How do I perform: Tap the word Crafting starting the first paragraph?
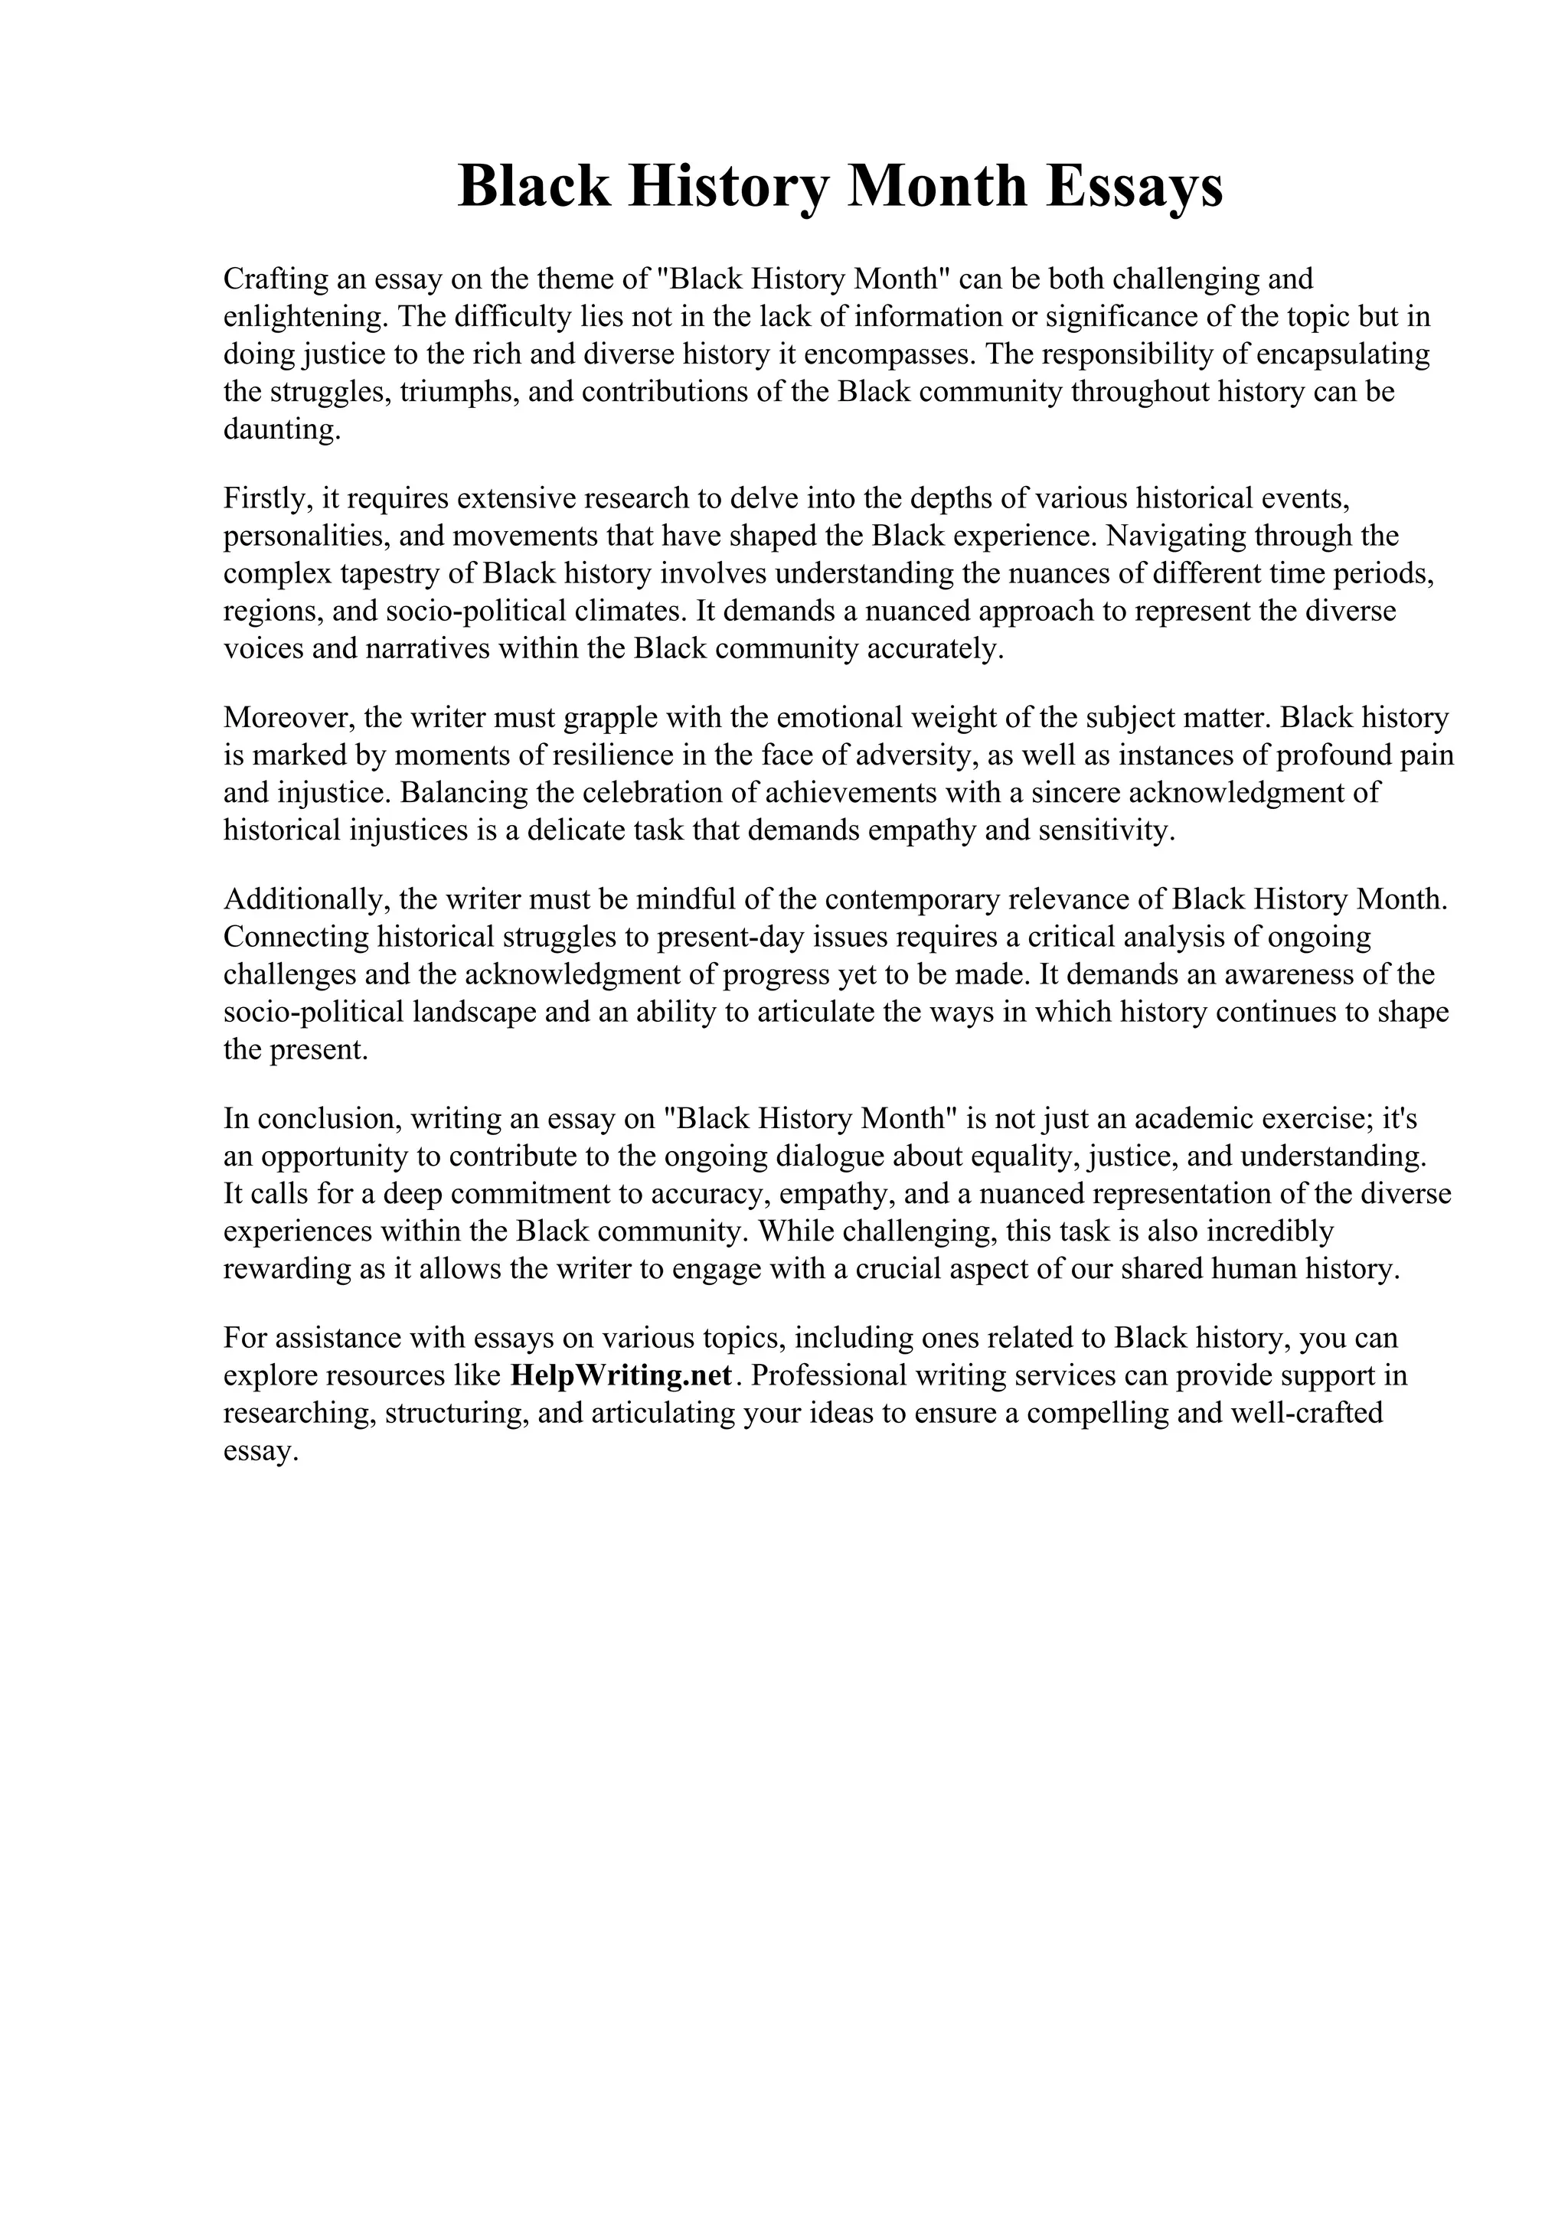click(276, 279)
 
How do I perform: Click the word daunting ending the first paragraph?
click(282, 429)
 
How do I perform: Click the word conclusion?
click(328, 1119)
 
